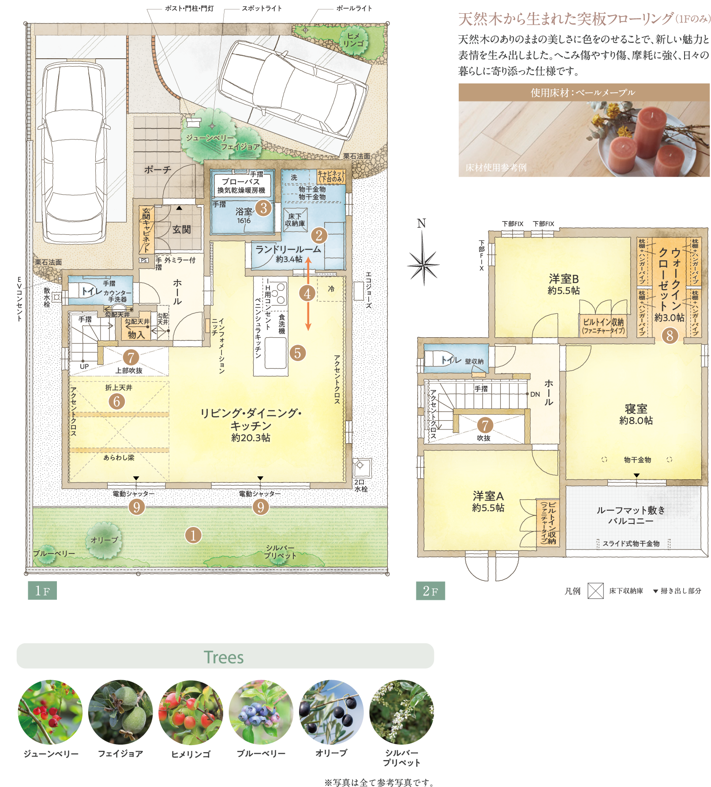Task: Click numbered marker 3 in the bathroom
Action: tap(263, 207)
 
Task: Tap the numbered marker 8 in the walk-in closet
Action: tap(670, 335)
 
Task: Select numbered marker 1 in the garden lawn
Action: tap(193, 535)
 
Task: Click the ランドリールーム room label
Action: tap(288, 250)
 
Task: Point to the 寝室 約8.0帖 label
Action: tap(636, 414)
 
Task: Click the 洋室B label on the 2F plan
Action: tap(564, 284)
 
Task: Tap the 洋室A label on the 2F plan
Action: tap(488, 501)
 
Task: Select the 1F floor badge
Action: tap(42, 591)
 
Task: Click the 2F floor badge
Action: tap(430, 591)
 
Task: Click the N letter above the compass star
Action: tap(422, 224)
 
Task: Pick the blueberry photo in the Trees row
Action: tap(261, 712)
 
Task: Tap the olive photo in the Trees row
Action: tap(331, 712)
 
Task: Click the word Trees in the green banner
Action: tap(224, 657)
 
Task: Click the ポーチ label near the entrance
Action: tap(157, 169)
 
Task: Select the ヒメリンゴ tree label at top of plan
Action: tap(353, 40)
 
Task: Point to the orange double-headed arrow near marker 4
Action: tap(308, 294)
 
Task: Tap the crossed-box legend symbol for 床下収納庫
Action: tap(595, 591)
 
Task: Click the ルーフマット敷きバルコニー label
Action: tap(631, 516)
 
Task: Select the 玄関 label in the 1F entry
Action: tap(181, 229)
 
